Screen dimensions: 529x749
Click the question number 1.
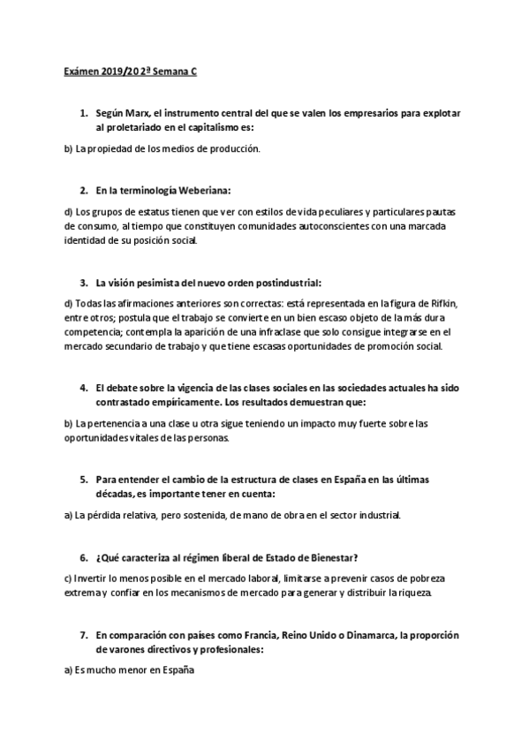tap(83, 114)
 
